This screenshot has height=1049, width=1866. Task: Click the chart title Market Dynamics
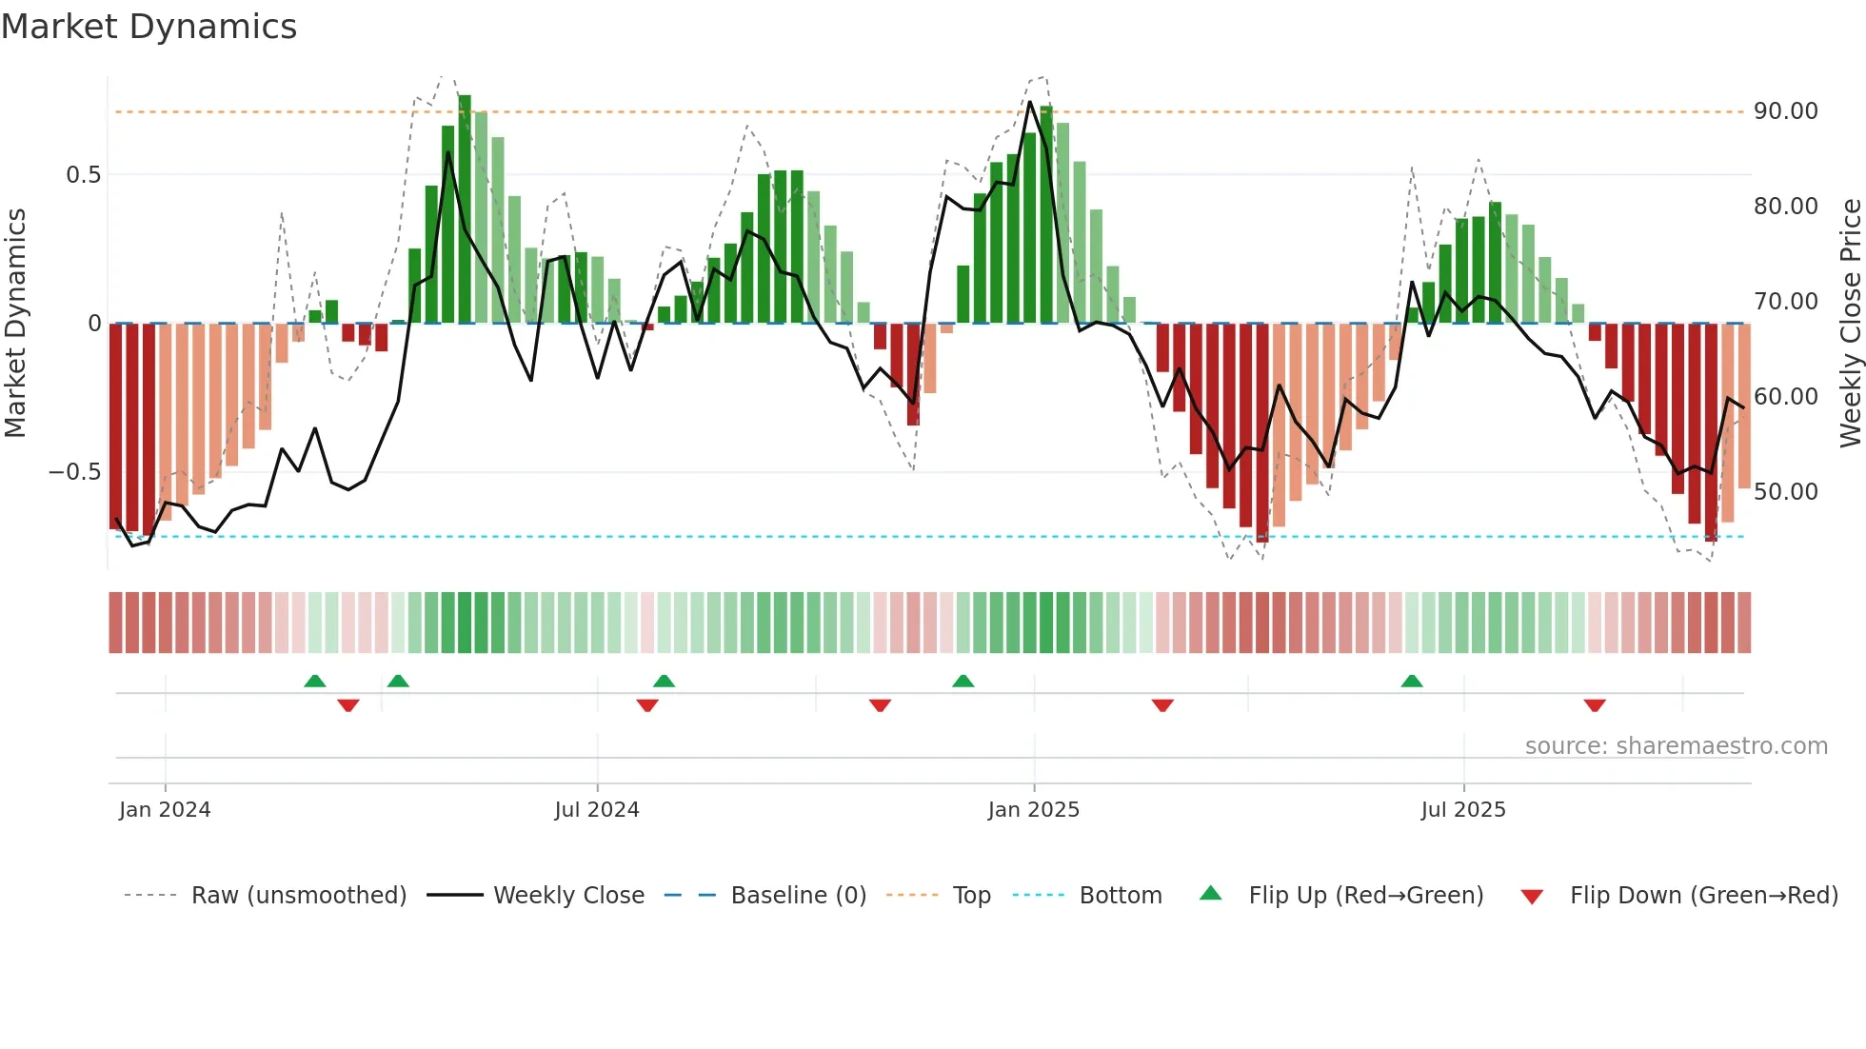pos(149,27)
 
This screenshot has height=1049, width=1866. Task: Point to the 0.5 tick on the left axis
pos(83,175)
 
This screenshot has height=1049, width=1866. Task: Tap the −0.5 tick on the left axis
pos(74,472)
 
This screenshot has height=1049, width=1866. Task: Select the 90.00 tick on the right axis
pos(1786,111)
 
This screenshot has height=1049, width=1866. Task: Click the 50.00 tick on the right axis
pos(1786,492)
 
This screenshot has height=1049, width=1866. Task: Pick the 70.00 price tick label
pos(1786,302)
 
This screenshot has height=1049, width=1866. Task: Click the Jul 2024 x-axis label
pos(597,810)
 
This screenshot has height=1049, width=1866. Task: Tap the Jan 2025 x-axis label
pos(1034,810)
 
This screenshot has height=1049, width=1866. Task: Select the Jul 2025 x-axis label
pos(1463,810)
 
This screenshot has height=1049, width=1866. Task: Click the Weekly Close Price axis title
pos(1850,324)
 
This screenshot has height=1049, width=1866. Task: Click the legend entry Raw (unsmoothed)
pos(298,896)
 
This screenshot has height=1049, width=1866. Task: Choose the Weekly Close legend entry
pos(568,896)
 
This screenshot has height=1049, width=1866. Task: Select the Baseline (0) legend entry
pos(798,896)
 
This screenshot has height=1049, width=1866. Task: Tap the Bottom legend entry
pos(1120,896)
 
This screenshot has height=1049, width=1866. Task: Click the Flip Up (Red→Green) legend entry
pos(1365,896)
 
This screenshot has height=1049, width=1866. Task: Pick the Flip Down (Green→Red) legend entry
pos(1703,896)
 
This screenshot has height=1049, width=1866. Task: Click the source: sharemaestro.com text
pos(1676,746)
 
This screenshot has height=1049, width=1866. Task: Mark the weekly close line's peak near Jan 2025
pos(1030,102)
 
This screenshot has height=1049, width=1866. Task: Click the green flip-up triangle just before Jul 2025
pos(1412,682)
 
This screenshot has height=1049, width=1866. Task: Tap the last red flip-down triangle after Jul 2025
pos(1595,705)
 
